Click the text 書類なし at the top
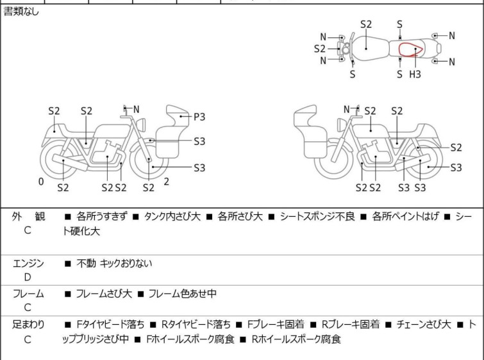21,12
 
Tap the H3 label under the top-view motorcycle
415,74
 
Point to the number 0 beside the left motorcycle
41,182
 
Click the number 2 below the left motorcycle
166,182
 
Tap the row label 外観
28,217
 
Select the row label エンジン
28,263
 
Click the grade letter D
28,277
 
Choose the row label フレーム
28,294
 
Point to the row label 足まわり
28,325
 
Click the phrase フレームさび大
104,294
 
